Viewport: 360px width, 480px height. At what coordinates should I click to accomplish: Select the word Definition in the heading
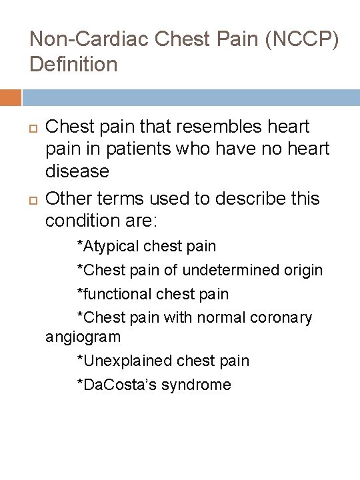pyautogui.click(x=73, y=65)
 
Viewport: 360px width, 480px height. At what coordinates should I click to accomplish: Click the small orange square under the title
pyautogui.click(x=11, y=98)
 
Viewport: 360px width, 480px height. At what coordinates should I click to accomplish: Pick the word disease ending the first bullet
pyautogui.click(x=77, y=171)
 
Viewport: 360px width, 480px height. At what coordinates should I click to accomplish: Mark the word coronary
pyautogui.click(x=281, y=318)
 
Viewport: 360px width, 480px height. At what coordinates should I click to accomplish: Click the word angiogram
pyautogui.click(x=83, y=337)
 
